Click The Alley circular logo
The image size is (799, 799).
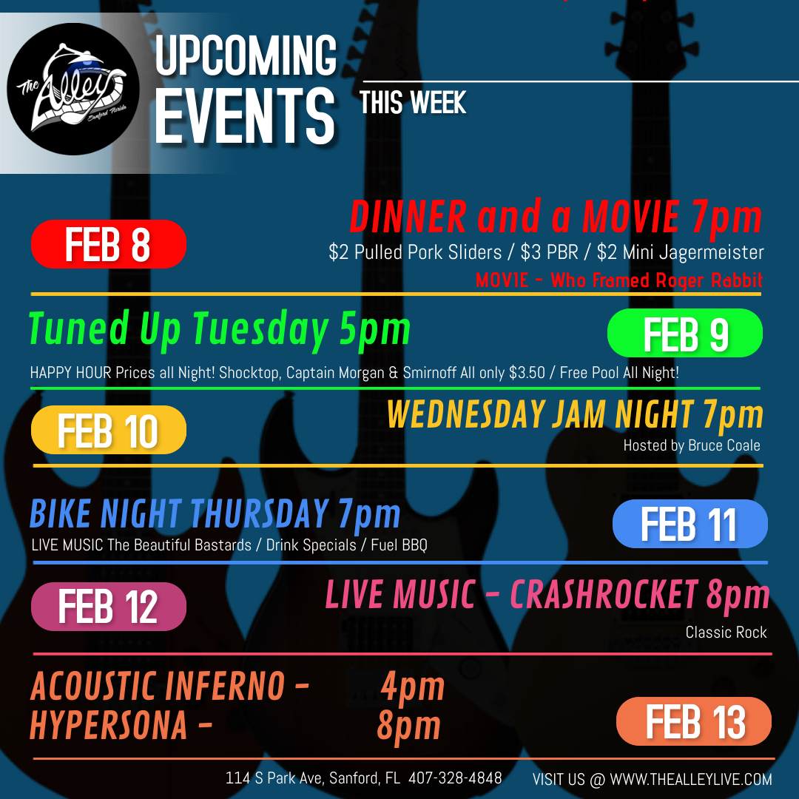pyautogui.click(x=73, y=90)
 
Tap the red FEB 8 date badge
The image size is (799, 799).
pyautogui.click(x=109, y=244)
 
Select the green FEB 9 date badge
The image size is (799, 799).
pyautogui.click(x=685, y=333)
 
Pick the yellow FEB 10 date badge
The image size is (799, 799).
pyautogui.click(x=109, y=430)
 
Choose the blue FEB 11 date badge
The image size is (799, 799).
pyautogui.click(x=690, y=524)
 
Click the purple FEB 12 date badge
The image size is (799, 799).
pyautogui.click(x=109, y=607)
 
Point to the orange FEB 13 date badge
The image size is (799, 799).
pyautogui.click(x=693, y=721)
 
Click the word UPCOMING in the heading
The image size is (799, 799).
pyautogui.click(x=246, y=55)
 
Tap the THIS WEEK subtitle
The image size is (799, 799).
pyautogui.click(x=412, y=102)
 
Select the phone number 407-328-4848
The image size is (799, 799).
pyautogui.click(x=455, y=778)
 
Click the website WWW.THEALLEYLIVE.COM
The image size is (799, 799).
pyautogui.click(x=690, y=779)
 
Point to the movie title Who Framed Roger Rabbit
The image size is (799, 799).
pyautogui.click(x=656, y=280)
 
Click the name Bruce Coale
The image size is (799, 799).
pyautogui.click(x=724, y=445)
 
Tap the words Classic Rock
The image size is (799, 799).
pyautogui.click(x=726, y=633)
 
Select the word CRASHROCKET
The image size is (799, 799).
pyautogui.click(x=604, y=594)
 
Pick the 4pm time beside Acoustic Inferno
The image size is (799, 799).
pyautogui.click(x=412, y=687)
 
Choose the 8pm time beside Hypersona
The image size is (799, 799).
pyautogui.click(x=408, y=726)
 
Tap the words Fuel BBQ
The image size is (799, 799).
pyautogui.click(x=399, y=545)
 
